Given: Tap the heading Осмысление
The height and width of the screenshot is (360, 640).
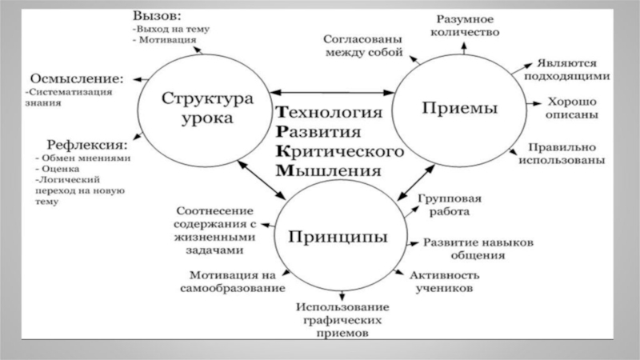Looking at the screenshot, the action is (76, 78).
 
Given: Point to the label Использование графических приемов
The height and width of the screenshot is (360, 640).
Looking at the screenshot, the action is (342, 319).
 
